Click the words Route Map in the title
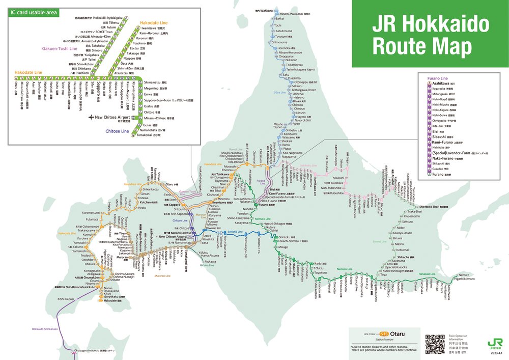pyautogui.click(x=422, y=47)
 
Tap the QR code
pyautogui.click(x=435, y=344)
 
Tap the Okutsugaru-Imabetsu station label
pyautogui.click(x=94, y=351)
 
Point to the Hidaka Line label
pyautogui.click(x=206, y=265)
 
